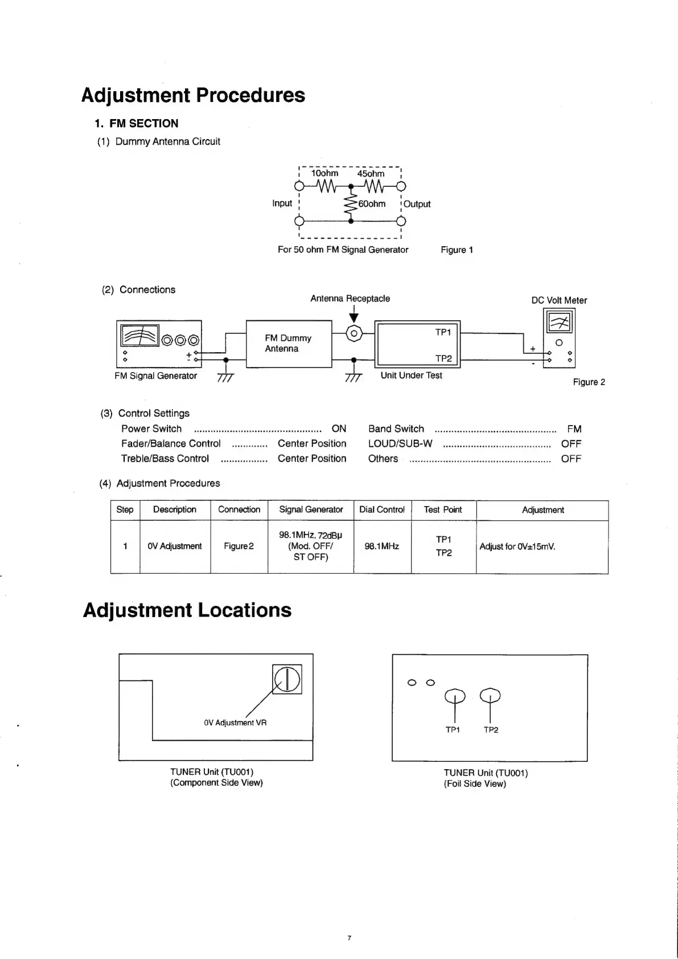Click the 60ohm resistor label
point(372,204)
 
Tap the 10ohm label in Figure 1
point(324,173)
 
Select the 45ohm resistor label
point(371,174)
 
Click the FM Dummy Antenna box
point(289,344)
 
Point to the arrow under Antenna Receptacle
point(354,314)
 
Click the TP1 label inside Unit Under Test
point(443,332)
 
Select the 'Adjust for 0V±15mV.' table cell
point(517,546)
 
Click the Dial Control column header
point(382,509)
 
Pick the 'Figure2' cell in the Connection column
point(239,546)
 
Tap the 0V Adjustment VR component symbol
point(287,679)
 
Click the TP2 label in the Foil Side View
point(491,730)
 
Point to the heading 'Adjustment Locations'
point(187,610)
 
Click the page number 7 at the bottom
point(350,938)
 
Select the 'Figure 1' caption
point(457,250)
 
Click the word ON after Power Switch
point(339,429)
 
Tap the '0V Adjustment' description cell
point(174,546)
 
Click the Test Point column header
point(443,509)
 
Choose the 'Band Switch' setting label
point(396,429)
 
